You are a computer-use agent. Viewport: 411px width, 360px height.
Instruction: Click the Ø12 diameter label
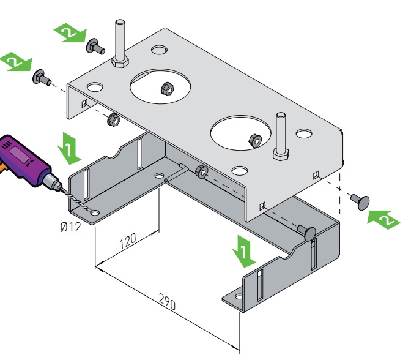point(70,228)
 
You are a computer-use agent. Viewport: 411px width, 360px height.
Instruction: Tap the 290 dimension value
point(167,302)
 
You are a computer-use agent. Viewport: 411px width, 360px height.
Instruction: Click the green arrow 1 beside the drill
point(68,148)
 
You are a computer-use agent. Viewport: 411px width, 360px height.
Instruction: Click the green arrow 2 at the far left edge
point(15,62)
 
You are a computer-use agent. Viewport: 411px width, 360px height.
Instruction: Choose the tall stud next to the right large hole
point(281,135)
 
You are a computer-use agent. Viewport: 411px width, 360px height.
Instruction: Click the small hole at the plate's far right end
point(304,133)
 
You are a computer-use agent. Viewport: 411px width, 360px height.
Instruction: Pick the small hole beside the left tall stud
point(160,49)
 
